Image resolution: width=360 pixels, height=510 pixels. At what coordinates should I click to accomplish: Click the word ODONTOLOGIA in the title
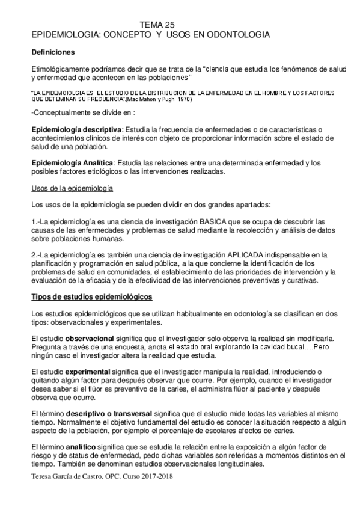tap(237, 35)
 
